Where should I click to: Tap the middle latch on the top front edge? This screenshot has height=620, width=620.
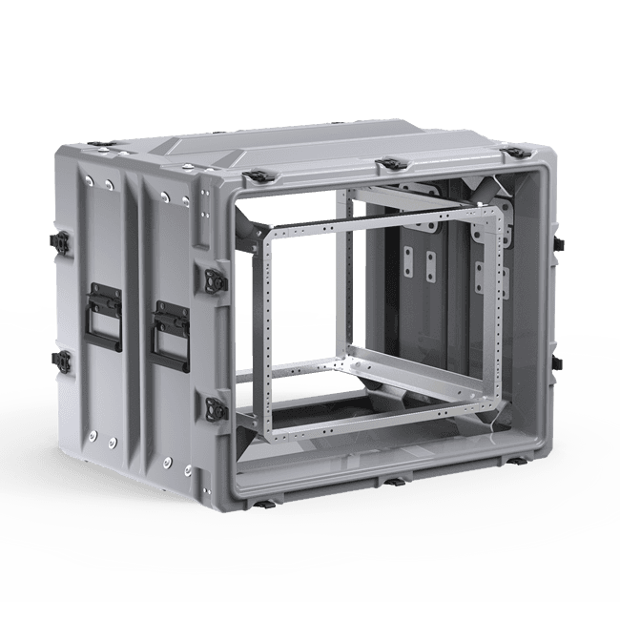(x=388, y=166)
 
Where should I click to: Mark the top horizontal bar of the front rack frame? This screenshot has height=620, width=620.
(x=382, y=217)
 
